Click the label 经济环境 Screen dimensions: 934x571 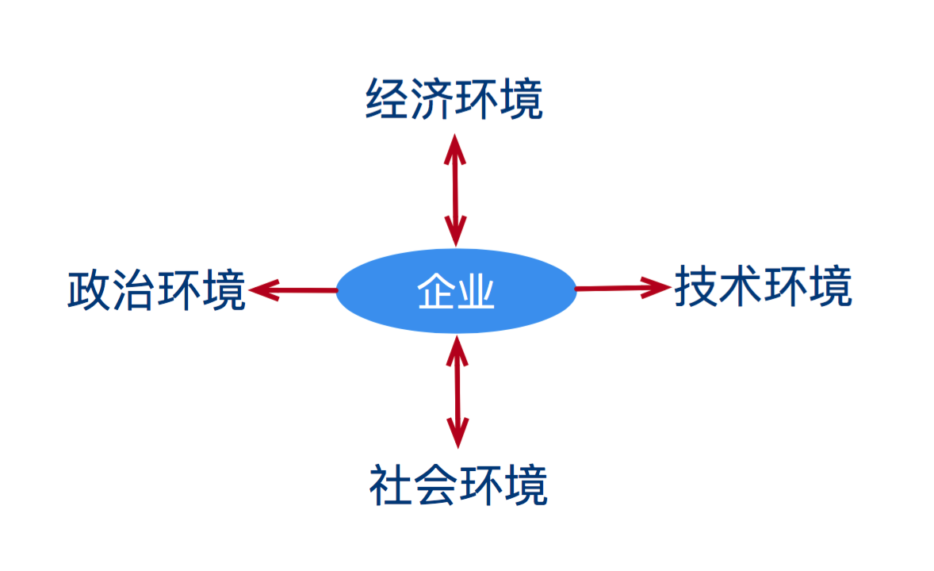coord(454,99)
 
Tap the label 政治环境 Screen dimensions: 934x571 coord(157,290)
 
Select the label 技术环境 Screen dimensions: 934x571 coord(763,286)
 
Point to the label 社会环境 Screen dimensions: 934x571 coord(458,485)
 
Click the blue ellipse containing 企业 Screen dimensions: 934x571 coord(456,291)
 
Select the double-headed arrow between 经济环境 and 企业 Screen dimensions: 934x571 coord(455,191)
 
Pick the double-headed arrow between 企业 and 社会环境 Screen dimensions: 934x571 coord(457,392)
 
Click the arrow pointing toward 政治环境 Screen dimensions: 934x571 coord(293,290)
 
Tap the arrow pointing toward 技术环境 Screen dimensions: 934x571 coord(623,288)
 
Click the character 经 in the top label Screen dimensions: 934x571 coord(387,99)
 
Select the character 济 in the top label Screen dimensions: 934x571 coord(432,99)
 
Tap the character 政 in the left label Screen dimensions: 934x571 coord(90,290)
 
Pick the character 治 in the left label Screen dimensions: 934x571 coord(134,290)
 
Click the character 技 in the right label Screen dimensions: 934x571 coord(696,286)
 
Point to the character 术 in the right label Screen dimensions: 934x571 coord(741,286)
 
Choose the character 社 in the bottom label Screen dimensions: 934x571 coord(392,485)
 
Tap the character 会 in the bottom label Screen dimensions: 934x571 coord(436,485)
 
